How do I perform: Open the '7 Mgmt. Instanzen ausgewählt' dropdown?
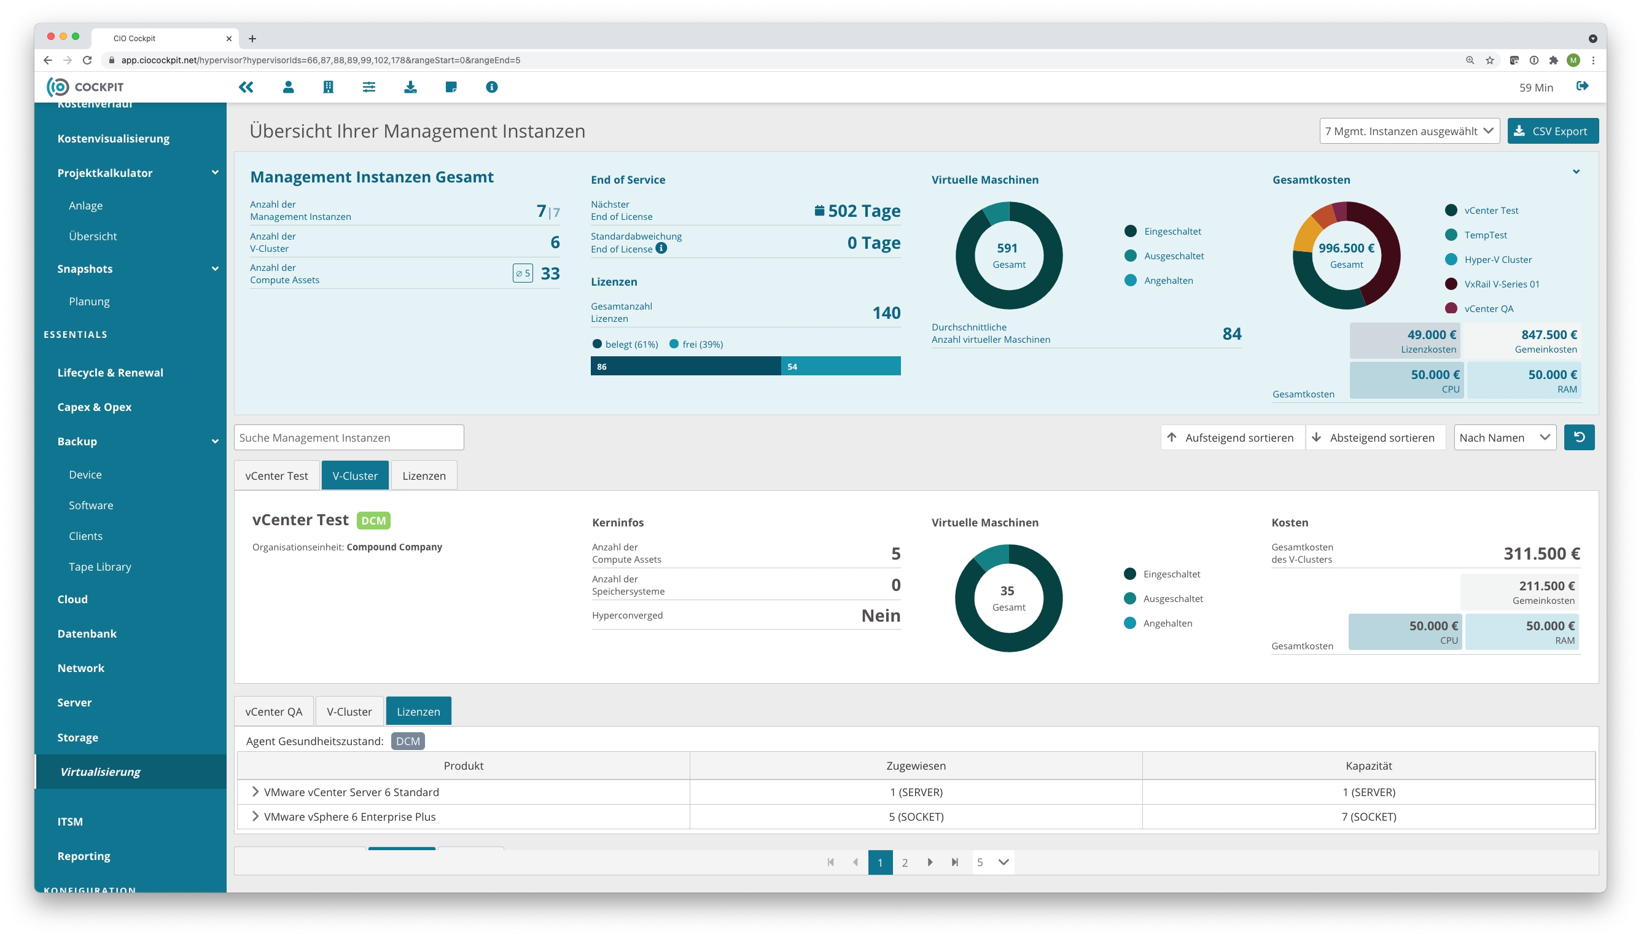[x=1408, y=131]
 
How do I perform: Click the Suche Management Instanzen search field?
[x=348, y=437]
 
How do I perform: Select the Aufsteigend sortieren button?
[x=1232, y=437]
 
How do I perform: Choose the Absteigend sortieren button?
[x=1374, y=437]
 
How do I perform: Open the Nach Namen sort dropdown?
[x=1504, y=437]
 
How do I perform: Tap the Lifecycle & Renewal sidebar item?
[x=110, y=372]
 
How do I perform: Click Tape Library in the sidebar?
[x=100, y=566]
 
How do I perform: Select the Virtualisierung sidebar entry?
[x=100, y=771]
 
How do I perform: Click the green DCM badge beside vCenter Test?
[x=373, y=520]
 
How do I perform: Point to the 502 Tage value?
[x=863, y=211]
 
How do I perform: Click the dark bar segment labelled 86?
[x=685, y=366]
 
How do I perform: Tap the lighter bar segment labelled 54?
[x=841, y=366]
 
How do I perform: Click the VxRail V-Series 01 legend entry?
[x=1500, y=284]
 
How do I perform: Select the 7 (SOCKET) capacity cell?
[x=1368, y=816]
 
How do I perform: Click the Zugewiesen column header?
[x=915, y=765]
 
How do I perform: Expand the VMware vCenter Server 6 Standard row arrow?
[x=255, y=792]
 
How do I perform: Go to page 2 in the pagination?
[x=904, y=862]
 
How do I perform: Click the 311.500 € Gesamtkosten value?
[x=1540, y=553]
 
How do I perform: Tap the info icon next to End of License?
[x=661, y=249]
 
